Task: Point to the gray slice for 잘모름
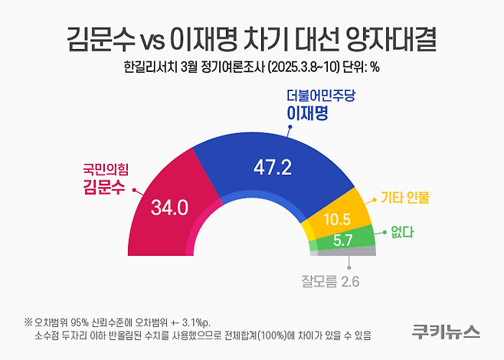click(345, 250)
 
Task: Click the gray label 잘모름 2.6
click(329, 281)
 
